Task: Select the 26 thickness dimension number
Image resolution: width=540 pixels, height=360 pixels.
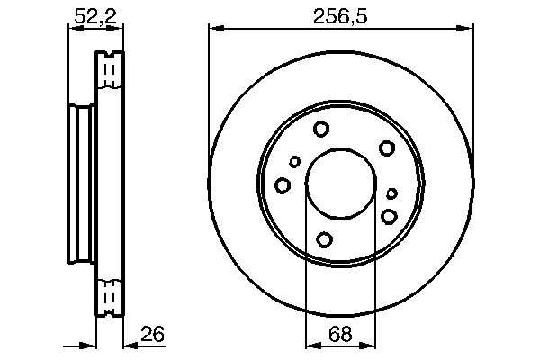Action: pos(153,335)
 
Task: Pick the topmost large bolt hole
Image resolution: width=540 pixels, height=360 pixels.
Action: pos(322,130)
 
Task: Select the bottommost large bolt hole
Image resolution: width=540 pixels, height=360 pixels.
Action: pos(325,239)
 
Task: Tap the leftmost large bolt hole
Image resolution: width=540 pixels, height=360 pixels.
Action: pos(283,185)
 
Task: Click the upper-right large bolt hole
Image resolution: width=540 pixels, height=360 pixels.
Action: pos(387,148)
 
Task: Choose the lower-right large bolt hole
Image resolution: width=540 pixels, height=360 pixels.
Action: pos(389,216)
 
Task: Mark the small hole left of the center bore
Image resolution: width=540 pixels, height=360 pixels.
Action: pos(295,162)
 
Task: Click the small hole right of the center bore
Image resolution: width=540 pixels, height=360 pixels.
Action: pos(391,193)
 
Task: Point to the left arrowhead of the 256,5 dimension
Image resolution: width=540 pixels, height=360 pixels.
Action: pos(214,29)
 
